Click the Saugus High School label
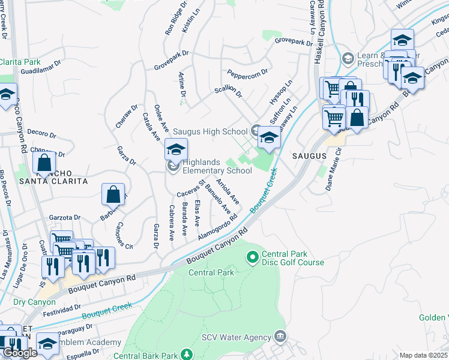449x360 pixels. click(210, 131)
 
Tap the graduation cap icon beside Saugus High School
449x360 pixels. click(270, 139)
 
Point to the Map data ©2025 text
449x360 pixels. click(423, 355)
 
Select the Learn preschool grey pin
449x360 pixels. click(348, 59)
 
